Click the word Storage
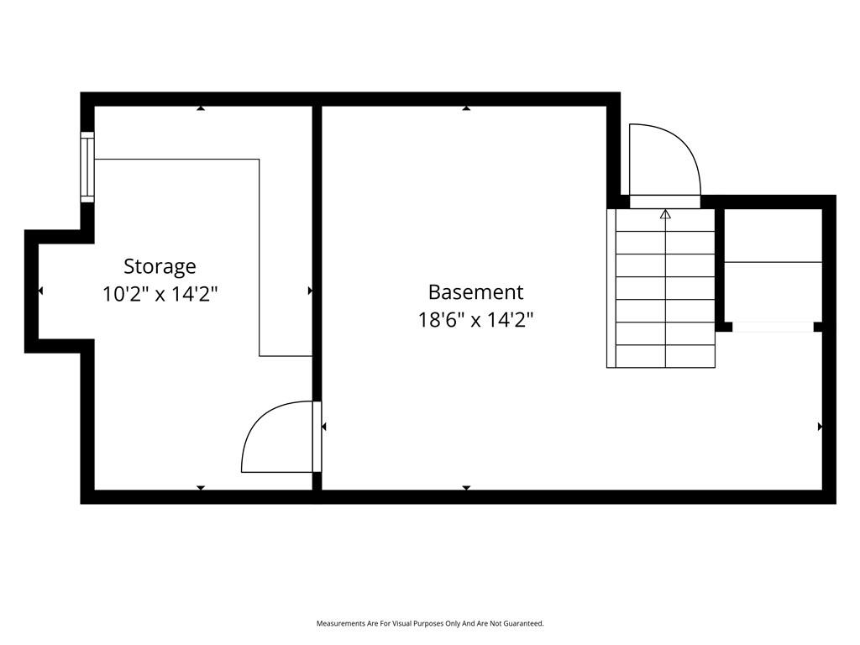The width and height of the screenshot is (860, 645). tap(160, 267)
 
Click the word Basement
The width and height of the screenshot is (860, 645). tap(475, 292)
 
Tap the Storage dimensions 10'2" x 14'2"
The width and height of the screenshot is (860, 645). tap(160, 295)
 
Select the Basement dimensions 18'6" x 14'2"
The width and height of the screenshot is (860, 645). tap(475, 319)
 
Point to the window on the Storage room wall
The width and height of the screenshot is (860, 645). tap(87, 167)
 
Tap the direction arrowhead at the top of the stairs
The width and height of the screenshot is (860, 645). tap(665, 214)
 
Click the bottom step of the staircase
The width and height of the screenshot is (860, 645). tap(665, 356)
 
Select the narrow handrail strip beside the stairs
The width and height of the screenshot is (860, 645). tap(611, 288)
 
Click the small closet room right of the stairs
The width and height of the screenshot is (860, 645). tap(773, 265)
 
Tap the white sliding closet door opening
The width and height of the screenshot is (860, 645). tap(773, 327)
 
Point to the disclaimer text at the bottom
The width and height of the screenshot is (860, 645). tap(430, 623)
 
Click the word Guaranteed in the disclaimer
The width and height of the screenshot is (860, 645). tap(526, 623)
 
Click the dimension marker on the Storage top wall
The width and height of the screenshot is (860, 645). tap(202, 108)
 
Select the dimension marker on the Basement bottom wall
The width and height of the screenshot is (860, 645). tap(466, 488)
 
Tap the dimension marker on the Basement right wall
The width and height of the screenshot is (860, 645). tap(820, 426)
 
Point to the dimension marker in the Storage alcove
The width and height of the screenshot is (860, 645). tap(40, 291)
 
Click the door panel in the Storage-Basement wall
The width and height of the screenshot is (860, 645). tap(317, 437)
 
